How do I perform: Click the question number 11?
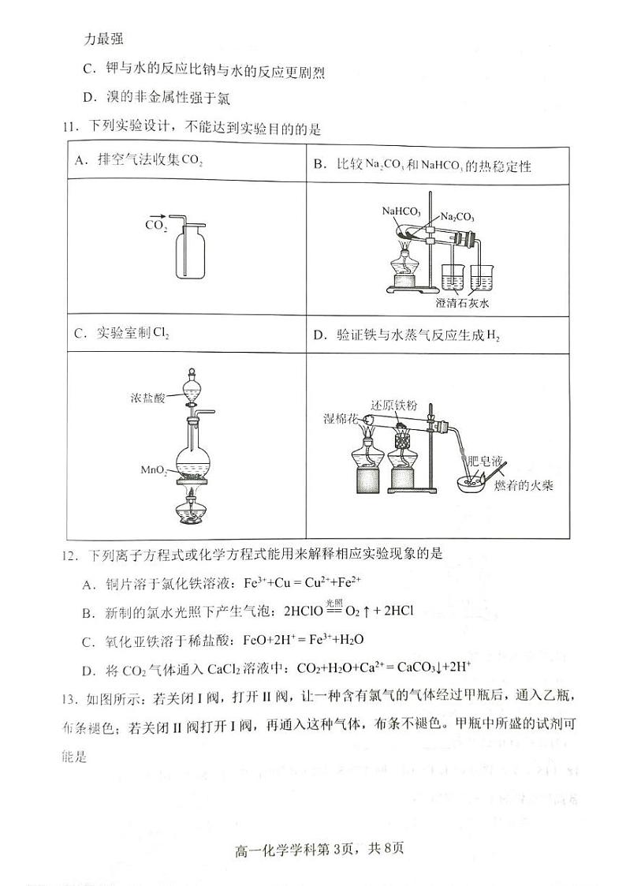coord(73,126)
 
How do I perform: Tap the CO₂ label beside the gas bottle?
coord(155,226)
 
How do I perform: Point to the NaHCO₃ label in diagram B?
coord(401,211)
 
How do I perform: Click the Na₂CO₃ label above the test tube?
coord(457,216)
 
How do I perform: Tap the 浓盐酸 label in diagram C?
coord(149,398)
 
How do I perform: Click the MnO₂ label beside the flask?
coord(153,470)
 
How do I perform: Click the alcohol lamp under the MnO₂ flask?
coord(192,510)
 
